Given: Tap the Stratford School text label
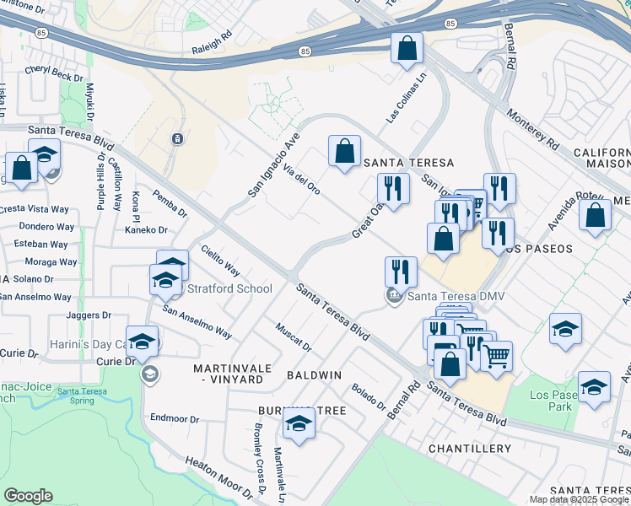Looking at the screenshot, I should (229, 289).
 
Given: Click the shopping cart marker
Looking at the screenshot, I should (496, 356).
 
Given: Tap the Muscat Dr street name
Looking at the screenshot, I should (294, 336).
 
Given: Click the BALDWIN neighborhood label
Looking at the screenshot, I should (314, 374).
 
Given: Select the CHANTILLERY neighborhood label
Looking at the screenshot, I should (469, 449).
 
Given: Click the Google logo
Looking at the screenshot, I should (28, 496).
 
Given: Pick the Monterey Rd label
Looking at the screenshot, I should (532, 129).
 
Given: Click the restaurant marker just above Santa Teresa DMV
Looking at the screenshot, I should (400, 272).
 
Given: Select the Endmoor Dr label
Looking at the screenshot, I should (174, 418).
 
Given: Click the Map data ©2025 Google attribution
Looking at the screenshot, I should (580, 499).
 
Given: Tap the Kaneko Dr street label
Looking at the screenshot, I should (146, 229).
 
